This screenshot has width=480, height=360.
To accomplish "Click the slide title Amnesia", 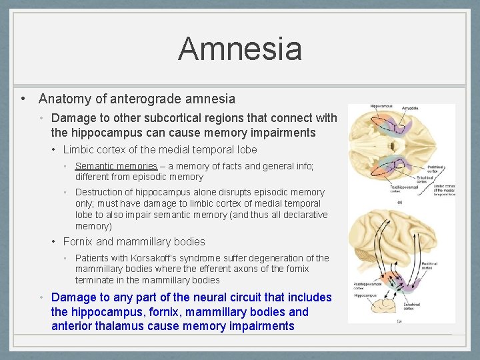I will [239, 49].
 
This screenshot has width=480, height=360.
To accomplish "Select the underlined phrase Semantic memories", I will [116, 166].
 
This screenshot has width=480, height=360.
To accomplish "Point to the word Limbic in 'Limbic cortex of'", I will [79, 150].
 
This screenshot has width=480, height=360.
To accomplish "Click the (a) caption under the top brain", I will [399, 202].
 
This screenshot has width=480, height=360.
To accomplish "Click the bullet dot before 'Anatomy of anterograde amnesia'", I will [23, 99].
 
